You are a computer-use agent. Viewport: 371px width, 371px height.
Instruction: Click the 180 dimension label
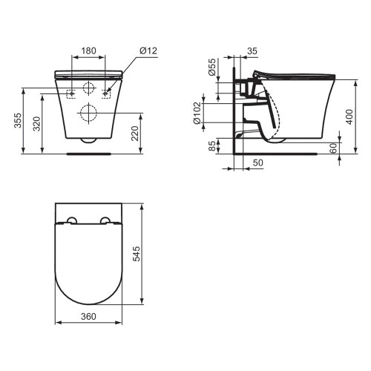[88, 50]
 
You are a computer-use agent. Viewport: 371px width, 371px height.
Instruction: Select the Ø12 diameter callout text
[148, 50]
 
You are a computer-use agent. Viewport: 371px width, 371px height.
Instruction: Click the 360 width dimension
[89, 315]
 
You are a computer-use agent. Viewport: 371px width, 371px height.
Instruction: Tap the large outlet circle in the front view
[88, 114]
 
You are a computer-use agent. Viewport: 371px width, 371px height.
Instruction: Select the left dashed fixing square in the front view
[71, 93]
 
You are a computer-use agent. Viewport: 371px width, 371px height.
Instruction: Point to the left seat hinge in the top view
[73, 220]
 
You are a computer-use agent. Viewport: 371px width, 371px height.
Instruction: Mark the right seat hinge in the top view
[105, 220]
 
